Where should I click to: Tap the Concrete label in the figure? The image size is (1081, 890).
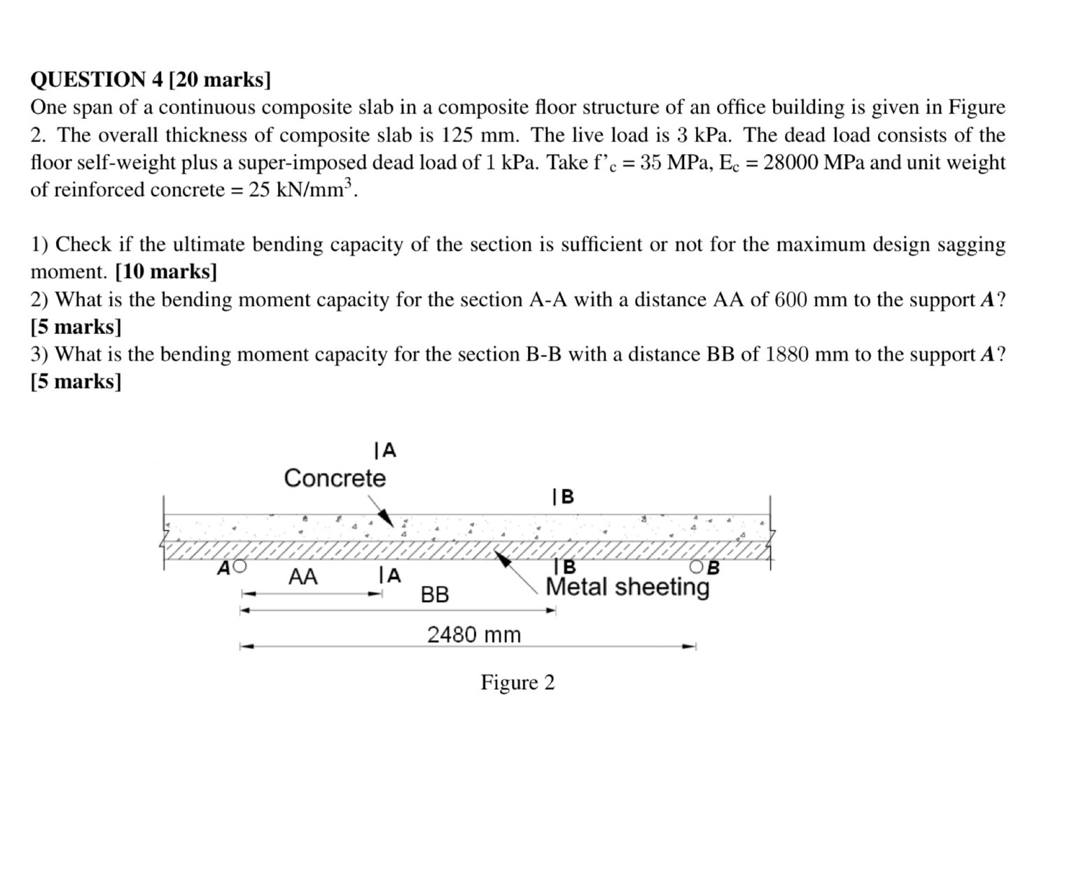point(335,478)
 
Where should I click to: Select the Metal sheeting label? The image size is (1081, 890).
point(627,587)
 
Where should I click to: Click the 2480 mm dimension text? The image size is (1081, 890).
point(474,634)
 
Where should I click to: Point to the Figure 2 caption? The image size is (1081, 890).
point(517,682)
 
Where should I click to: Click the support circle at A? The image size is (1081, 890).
point(240,566)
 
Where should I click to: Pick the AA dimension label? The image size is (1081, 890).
point(303,577)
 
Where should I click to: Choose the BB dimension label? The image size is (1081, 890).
point(435,595)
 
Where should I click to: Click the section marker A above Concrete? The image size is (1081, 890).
point(386,450)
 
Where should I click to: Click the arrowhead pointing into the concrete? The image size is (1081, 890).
point(385,517)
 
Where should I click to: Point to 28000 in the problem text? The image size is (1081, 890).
point(790,162)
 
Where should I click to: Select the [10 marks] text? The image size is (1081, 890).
point(166,272)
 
